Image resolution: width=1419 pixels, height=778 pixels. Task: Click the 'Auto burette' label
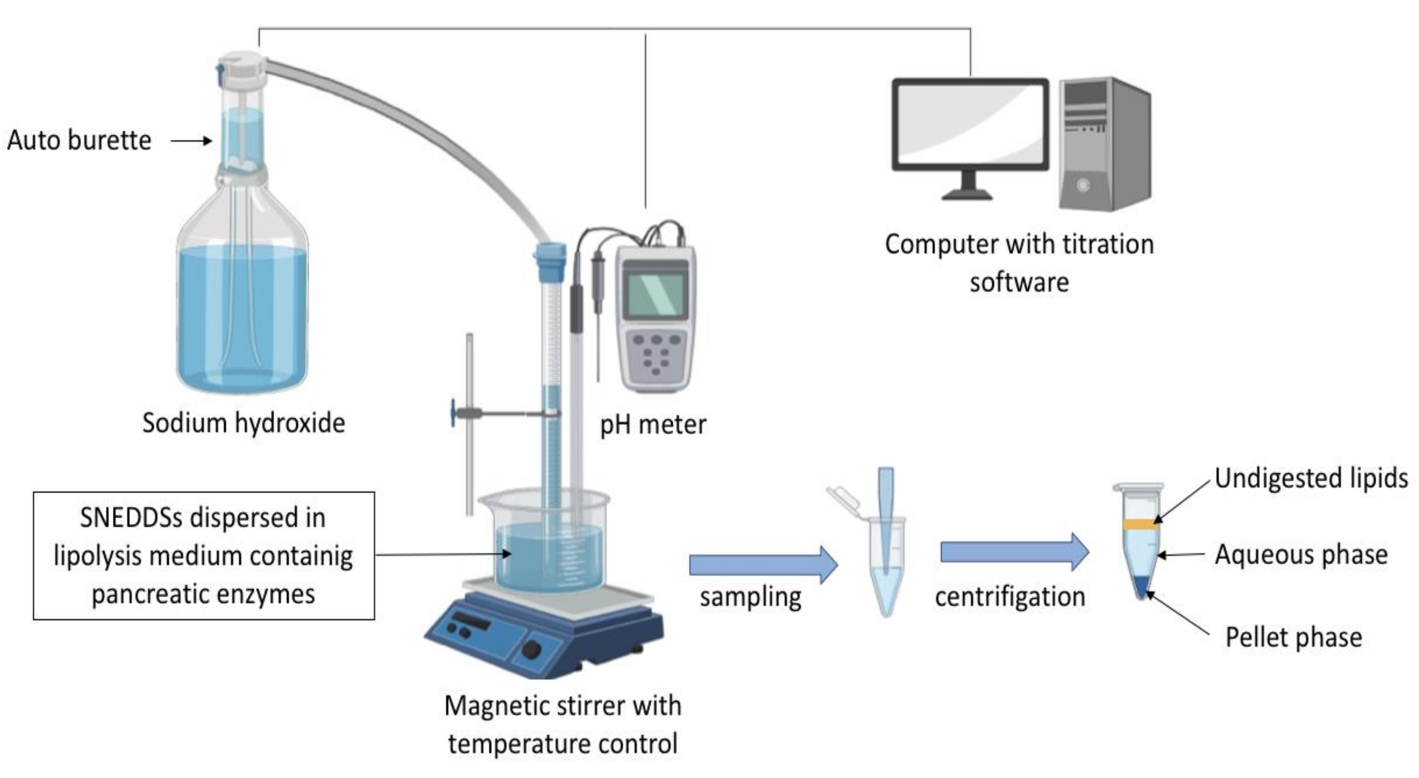click(79, 140)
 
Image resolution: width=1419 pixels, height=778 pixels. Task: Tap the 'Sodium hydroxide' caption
click(243, 423)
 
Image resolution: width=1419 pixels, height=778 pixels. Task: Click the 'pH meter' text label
click(653, 425)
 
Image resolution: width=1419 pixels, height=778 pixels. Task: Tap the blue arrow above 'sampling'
click(763, 564)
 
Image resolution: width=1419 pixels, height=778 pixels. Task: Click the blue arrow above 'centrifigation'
click(1014, 552)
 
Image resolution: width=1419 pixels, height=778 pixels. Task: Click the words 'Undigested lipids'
click(1311, 478)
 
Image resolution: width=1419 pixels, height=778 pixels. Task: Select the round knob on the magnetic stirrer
click(532, 650)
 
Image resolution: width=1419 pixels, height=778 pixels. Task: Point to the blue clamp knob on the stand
click(453, 412)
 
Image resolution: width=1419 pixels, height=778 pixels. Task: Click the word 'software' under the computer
click(1019, 282)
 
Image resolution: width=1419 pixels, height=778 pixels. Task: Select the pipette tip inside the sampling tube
click(886, 517)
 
